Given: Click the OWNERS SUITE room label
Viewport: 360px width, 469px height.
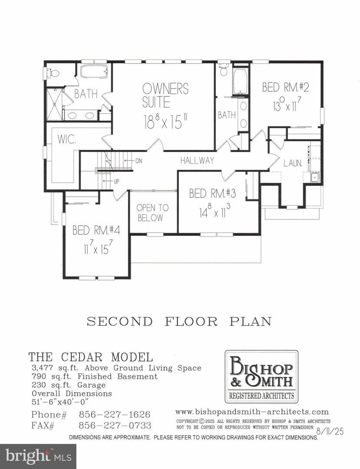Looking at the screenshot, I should (165, 96).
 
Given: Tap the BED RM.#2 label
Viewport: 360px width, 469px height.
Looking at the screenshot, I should (285, 87).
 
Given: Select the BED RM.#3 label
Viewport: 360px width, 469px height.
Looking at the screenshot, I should (209, 193).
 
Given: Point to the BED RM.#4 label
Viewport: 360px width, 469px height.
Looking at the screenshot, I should (93, 230).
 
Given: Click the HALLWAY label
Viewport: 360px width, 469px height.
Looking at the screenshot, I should (198, 161).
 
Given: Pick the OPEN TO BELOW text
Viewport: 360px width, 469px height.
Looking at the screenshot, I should (150, 212).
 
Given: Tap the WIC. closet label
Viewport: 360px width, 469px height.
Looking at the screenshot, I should (64, 141).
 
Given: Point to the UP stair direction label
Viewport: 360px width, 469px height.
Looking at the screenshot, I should (116, 182).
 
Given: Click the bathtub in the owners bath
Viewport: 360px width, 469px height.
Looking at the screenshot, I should (93, 71).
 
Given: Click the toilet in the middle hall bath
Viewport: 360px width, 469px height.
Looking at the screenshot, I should (224, 70).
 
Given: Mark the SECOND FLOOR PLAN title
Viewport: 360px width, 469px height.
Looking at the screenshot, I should (179, 322).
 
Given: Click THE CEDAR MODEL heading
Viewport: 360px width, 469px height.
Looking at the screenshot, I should (91, 357).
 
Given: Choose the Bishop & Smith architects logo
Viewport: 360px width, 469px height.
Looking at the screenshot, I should (261, 377).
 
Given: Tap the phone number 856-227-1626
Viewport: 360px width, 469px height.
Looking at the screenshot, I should (114, 415).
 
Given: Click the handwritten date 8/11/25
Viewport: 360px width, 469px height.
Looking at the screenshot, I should (330, 431).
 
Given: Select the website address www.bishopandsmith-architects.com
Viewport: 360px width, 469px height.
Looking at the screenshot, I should (252, 412).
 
